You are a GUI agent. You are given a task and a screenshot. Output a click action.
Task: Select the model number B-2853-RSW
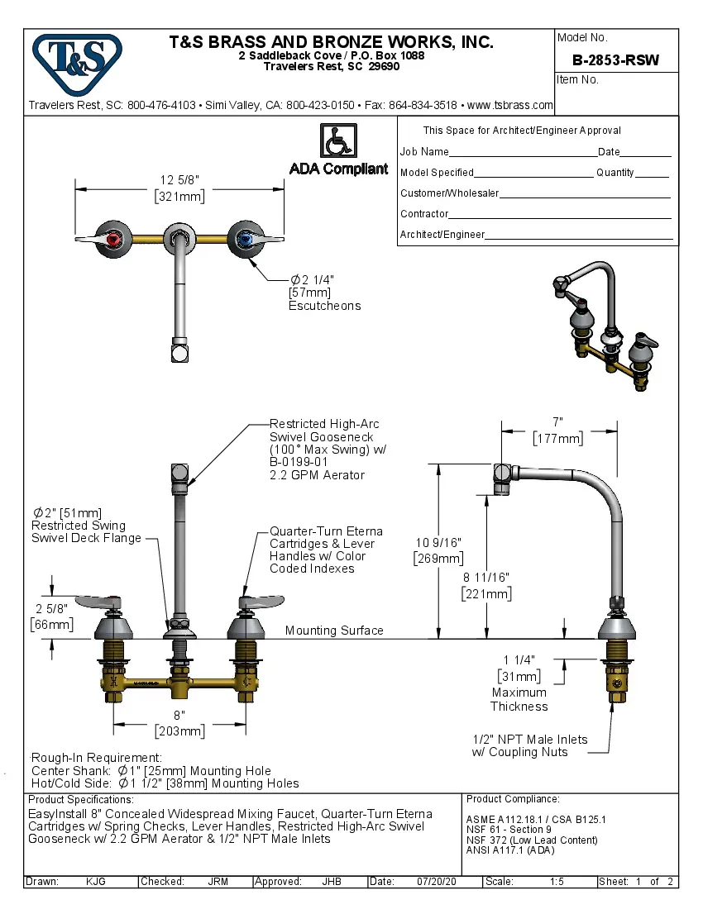click(x=615, y=59)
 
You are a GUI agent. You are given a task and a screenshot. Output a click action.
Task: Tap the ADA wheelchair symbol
click(x=337, y=140)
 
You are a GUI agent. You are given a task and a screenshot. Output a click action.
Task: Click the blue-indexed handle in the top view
click(x=245, y=239)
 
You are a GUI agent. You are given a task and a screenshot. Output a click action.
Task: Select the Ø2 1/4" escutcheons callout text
click(x=324, y=293)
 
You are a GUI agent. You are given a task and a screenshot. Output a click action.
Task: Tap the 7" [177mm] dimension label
click(x=558, y=431)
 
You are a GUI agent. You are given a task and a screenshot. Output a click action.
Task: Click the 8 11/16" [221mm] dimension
click(x=486, y=586)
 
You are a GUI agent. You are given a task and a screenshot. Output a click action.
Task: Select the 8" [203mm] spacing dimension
click(x=179, y=722)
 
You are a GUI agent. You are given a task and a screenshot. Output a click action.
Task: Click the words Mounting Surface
click(x=334, y=631)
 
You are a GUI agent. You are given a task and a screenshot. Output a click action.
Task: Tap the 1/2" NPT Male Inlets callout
click(x=529, y=745)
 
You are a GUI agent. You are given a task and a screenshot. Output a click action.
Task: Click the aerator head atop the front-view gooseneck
click(x=179, y=474)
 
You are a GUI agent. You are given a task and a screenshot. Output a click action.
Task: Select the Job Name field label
click(x=424, y=152)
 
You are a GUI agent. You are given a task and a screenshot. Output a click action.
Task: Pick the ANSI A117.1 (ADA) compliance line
click(x=510, y=850)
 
